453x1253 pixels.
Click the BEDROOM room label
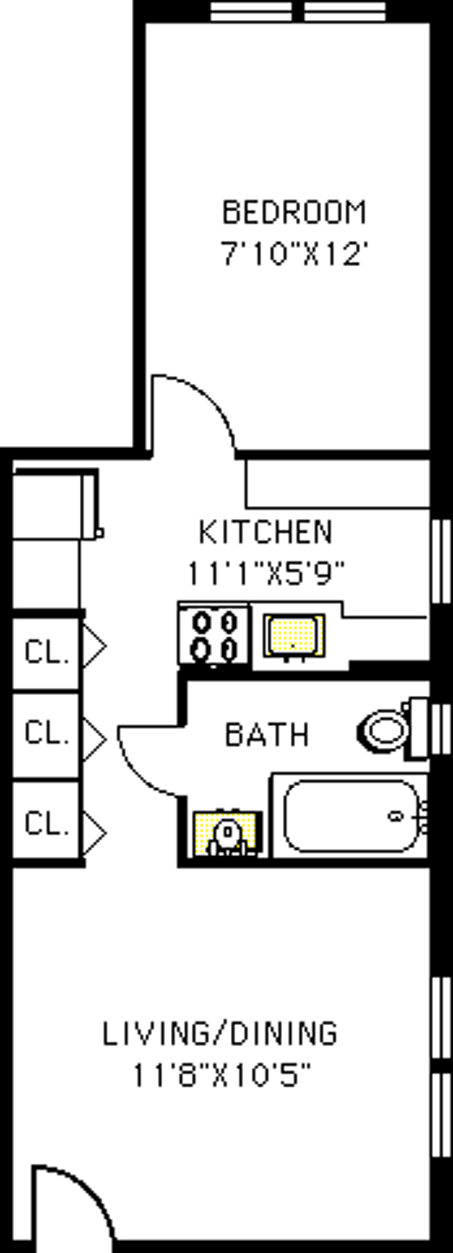294,212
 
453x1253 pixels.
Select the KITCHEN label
266,532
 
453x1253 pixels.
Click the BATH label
267,734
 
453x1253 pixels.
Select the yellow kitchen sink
293,635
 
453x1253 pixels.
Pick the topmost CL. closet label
47,652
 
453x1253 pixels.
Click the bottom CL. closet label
47,824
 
